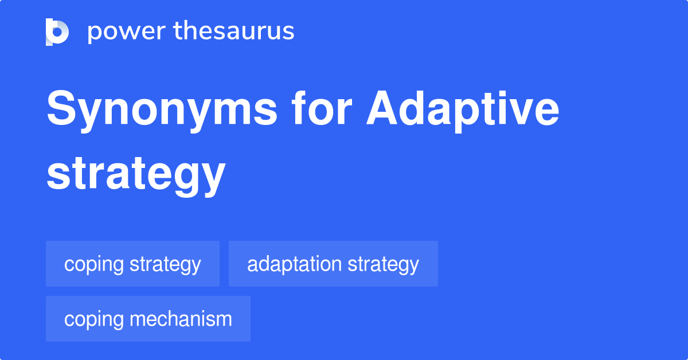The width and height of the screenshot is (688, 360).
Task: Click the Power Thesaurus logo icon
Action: (57, 32)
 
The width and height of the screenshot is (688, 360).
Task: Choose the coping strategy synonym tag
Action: (132, 264)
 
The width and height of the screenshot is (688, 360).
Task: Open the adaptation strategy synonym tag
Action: (333, 264)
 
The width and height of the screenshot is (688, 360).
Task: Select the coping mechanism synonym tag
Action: (148, 319)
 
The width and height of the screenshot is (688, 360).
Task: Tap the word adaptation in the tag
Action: (295, 264)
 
